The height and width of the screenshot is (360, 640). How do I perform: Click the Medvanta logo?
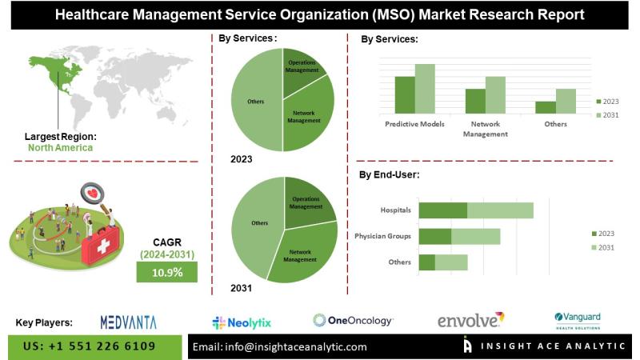click(128, 322)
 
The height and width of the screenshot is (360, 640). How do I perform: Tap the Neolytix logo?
click(242, 322)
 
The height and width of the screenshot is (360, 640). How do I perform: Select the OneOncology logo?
click(353, 321)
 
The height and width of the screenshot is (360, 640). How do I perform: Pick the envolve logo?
click(470, 320)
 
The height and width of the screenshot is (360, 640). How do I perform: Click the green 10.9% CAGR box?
click(167, 273)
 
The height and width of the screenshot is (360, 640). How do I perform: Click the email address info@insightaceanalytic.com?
click(280, 346)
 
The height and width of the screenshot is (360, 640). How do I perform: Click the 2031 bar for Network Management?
click(495, 94)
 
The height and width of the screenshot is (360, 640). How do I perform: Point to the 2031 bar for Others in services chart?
click(566, 100)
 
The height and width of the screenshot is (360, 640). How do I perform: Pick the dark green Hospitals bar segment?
click(443, 210)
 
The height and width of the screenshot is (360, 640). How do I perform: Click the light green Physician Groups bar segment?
click(475, 236)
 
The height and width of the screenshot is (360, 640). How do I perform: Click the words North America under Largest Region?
click(60, 147)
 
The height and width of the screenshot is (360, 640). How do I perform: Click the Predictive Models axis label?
click(414, 124)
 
